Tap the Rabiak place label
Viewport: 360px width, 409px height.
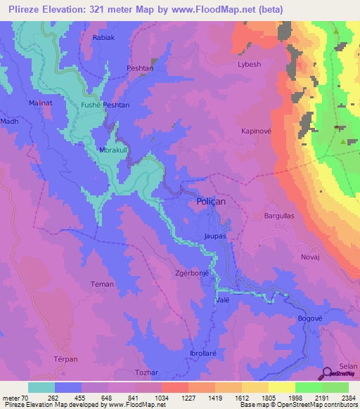point(103,38)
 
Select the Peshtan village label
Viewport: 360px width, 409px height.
point(139,68)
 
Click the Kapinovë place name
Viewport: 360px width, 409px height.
point(256,131)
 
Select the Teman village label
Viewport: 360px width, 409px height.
point(102,285)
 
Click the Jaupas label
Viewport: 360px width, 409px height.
point(214,237)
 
